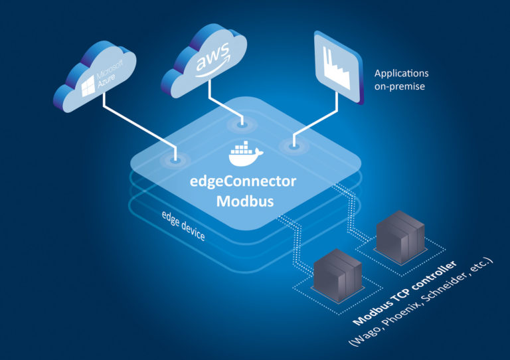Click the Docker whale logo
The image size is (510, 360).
246,154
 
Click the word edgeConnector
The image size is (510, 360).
246,181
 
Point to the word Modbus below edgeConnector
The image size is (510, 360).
246,201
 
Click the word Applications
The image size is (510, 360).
402,73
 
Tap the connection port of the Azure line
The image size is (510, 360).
175,159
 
